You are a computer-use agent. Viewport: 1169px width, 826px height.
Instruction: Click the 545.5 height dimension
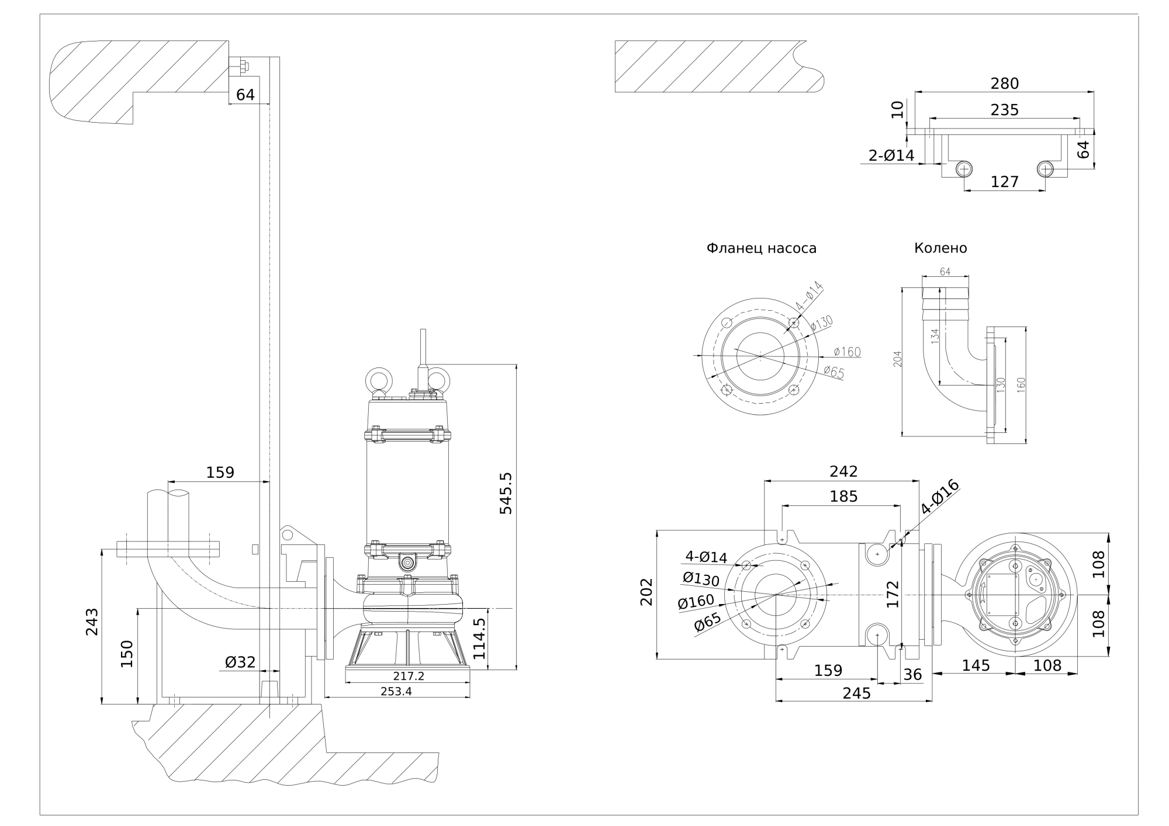point(506,494)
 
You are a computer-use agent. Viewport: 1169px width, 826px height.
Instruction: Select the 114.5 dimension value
point(479,638)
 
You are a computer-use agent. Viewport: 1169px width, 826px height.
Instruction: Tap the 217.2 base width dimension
point(409,676)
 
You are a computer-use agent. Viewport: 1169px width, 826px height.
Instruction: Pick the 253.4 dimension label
point(396,691)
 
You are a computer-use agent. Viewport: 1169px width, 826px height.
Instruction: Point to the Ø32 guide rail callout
point(240,662)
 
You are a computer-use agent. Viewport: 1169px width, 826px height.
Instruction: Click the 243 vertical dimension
point(92,622)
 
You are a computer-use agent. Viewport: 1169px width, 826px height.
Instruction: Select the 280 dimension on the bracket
point(1004,84)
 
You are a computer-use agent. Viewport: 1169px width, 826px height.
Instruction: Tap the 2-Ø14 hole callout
point(891,155)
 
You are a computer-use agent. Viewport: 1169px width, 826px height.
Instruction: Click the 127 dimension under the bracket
point(1004,182)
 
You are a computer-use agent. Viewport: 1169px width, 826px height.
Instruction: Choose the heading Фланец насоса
point(761,248)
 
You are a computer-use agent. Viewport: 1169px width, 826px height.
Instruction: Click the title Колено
point(940,248)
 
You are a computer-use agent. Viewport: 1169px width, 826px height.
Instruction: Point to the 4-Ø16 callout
point(940,497)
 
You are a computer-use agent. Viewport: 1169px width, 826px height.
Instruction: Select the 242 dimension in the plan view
point(843,471)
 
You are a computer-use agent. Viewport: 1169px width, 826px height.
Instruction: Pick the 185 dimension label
point(843,496)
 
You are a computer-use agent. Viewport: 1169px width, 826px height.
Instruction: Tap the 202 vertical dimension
point(646,592)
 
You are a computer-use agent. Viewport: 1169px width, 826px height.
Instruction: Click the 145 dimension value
point(976,665)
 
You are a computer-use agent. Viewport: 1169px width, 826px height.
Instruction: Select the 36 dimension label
point(912,675)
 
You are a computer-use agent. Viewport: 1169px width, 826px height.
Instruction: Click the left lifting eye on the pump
point(378,380)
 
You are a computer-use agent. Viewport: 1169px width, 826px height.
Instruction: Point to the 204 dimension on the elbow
point(898,359)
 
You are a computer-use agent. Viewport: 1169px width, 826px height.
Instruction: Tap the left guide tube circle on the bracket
point(964,169)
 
